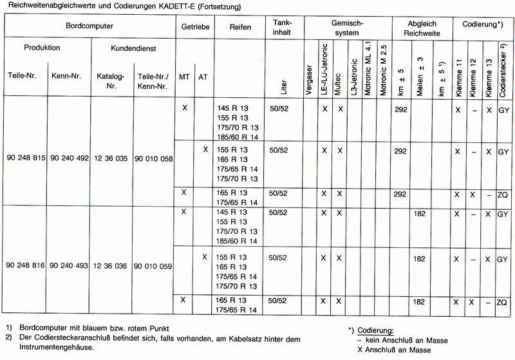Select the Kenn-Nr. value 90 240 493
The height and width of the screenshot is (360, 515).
[x=69, y=265]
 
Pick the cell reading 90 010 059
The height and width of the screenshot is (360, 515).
[x=154, y=265]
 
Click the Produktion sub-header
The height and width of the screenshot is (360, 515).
[x=42, y=48]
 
